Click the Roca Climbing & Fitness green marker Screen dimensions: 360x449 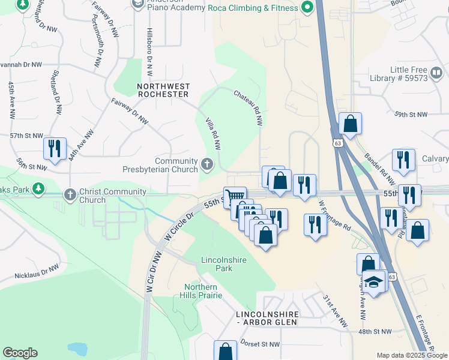point(308,7)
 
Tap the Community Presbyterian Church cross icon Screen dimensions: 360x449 point(207,164)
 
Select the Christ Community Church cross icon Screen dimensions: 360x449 point(70,194)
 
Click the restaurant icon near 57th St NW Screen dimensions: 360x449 point(55,149)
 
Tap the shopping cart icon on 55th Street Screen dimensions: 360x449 point(235,196)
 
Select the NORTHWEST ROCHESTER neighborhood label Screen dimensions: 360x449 point(163,90)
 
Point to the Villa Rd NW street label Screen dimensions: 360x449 point(214,133)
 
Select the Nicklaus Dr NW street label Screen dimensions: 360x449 point(37,273)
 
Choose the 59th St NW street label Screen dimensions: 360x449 point(411,114)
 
